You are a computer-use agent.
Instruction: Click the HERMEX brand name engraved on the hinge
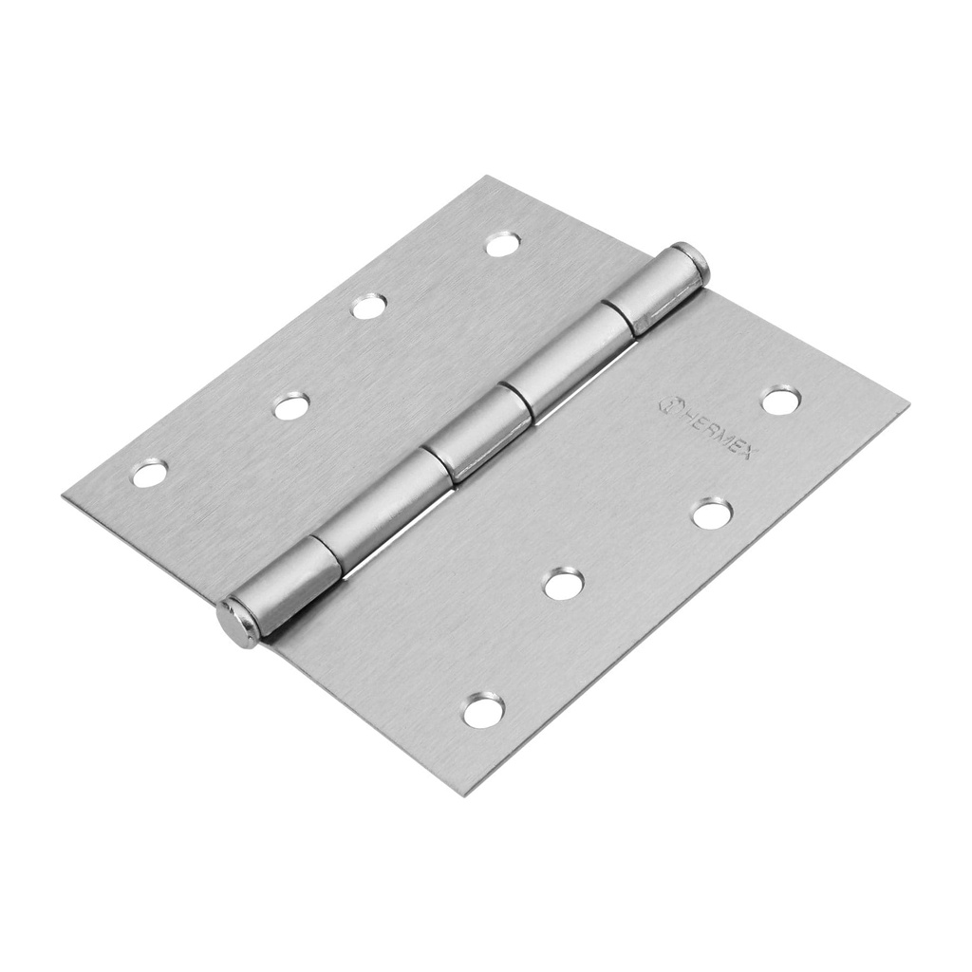713,429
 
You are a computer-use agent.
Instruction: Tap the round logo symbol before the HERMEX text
667,402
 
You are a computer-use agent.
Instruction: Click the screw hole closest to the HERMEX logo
779,401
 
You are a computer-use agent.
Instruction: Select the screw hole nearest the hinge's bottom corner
483,710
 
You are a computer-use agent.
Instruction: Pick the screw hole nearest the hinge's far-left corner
150,472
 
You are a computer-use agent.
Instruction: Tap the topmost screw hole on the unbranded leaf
502,245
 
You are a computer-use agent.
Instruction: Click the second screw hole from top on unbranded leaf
368,306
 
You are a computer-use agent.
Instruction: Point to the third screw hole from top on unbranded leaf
291,406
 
